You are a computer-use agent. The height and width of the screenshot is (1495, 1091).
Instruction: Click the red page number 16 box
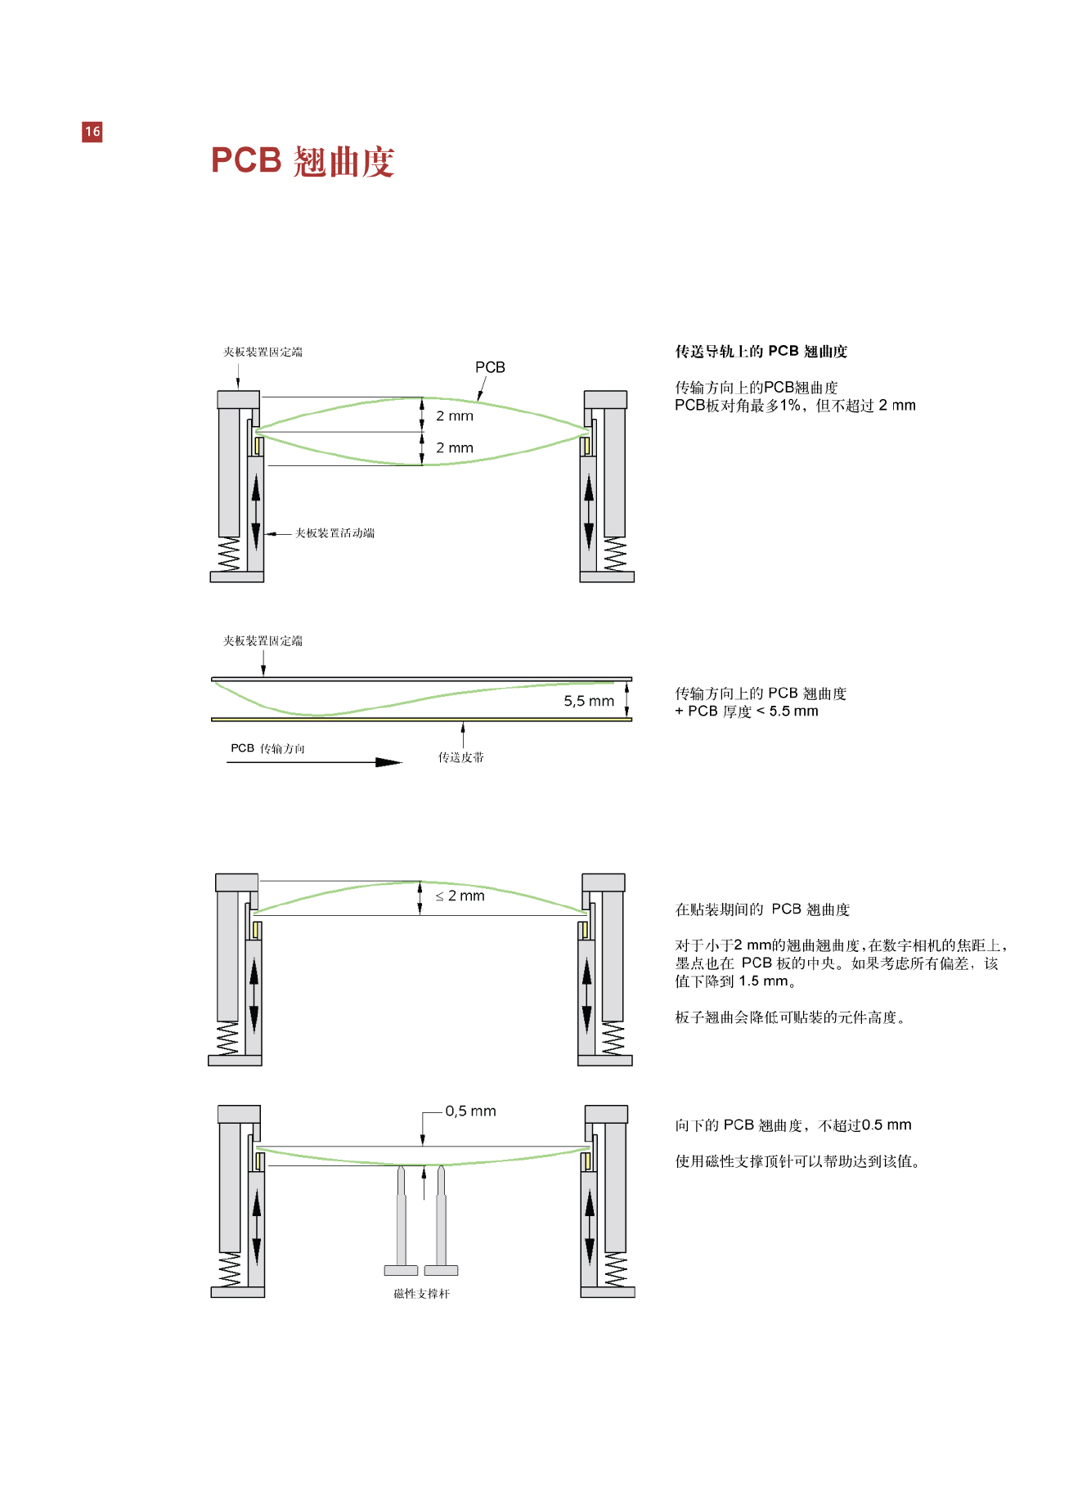click(92, 132)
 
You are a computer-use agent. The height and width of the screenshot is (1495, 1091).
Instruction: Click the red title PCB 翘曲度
click(303, 161)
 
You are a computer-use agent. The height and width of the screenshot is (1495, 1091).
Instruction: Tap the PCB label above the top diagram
click(490, 368)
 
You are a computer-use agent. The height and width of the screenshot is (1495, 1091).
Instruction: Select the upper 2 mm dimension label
click(455, 416)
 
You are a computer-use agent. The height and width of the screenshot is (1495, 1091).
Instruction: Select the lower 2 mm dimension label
click(455, 448)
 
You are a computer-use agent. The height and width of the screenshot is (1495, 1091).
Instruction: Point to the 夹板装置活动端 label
click(334, 533)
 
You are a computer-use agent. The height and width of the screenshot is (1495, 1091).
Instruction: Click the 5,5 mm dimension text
click(589, 701)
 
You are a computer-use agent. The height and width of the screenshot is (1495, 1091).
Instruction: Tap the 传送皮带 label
click(460, 757)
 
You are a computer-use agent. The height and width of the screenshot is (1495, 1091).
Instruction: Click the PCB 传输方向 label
click(267, 748)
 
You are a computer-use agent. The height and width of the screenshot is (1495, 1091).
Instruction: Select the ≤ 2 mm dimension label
click(460, 896)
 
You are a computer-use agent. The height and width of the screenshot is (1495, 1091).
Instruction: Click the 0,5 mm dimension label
click(470, 1111)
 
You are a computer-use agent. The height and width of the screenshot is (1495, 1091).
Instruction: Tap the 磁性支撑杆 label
click(421, 1294)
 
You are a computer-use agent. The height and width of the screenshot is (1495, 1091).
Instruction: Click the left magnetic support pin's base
click(401, 1270)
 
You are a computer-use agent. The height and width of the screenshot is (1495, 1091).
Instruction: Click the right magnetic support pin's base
click(442, 1270)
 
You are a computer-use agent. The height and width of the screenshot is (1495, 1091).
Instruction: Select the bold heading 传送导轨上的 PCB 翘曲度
click(761, 352)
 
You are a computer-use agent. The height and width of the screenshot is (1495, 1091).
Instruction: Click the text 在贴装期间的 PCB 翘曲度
click(762, 909)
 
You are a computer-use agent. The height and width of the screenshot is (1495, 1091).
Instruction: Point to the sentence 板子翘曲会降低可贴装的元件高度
click(789, 1017)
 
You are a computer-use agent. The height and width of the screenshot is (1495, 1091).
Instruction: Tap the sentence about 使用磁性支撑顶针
click(797, 1161)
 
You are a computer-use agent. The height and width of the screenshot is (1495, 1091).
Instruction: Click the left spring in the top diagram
click(229, 554)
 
